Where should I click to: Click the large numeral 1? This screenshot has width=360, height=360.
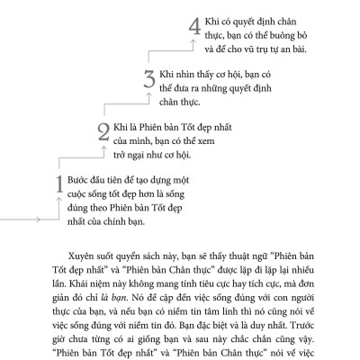pyautogui.click(x=58, y=187)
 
